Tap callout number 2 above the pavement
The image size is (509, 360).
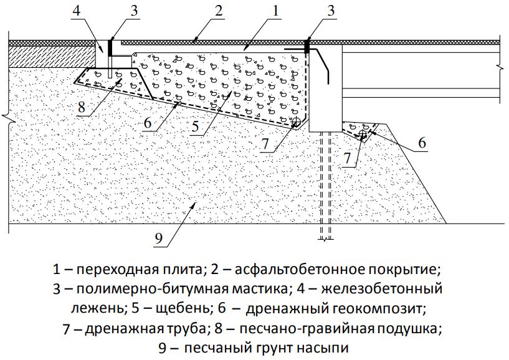217,10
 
